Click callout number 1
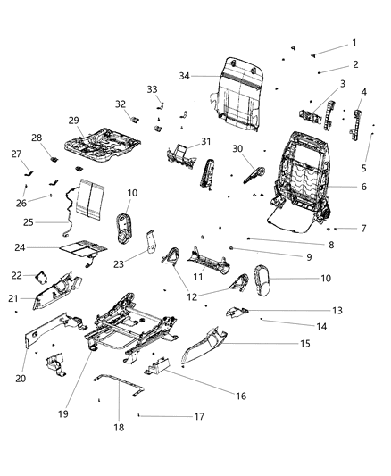click(x=353, y=43)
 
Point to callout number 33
click(x=153, y=89)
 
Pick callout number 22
click(x=17, y=276)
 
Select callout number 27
click(x=17, y=154)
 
